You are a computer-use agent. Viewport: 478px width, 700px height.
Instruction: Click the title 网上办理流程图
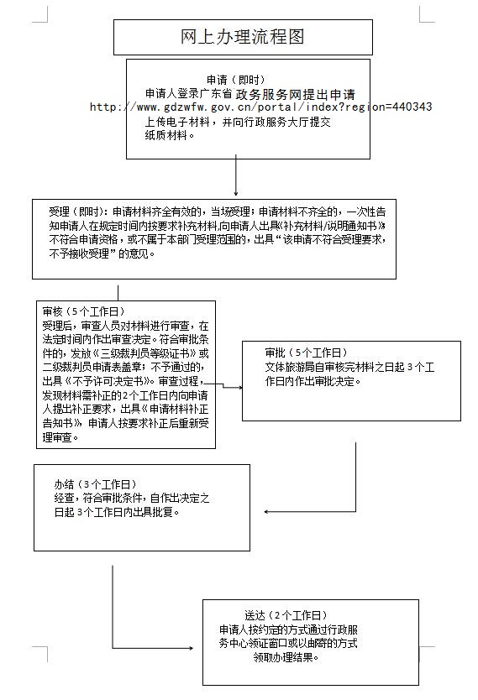point(243,37)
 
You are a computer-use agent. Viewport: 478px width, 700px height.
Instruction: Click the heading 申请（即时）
point(236,80)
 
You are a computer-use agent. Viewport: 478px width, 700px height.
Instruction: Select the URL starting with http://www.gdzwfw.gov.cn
point(261,107)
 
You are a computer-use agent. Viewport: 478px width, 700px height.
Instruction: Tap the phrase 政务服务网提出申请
point(296,95)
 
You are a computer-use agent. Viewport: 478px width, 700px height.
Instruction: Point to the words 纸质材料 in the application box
point(165,135)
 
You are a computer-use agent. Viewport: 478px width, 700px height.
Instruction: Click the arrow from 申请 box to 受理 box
point(236,175)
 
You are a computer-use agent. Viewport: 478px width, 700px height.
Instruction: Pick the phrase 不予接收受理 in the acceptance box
point(80,253)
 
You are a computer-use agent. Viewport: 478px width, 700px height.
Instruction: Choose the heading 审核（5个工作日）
point(83,311)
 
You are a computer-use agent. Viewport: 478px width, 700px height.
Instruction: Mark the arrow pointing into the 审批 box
point(223,385)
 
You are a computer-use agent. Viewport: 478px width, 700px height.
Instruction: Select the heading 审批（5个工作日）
point(306,353)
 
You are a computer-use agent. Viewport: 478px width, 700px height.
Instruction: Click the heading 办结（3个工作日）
point(95,484)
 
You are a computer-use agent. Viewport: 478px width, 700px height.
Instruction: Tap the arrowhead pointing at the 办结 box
point(266,512)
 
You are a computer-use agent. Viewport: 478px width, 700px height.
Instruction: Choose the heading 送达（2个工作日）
point(286,615)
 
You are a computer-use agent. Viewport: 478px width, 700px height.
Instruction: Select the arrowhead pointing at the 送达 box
point(192,648)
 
